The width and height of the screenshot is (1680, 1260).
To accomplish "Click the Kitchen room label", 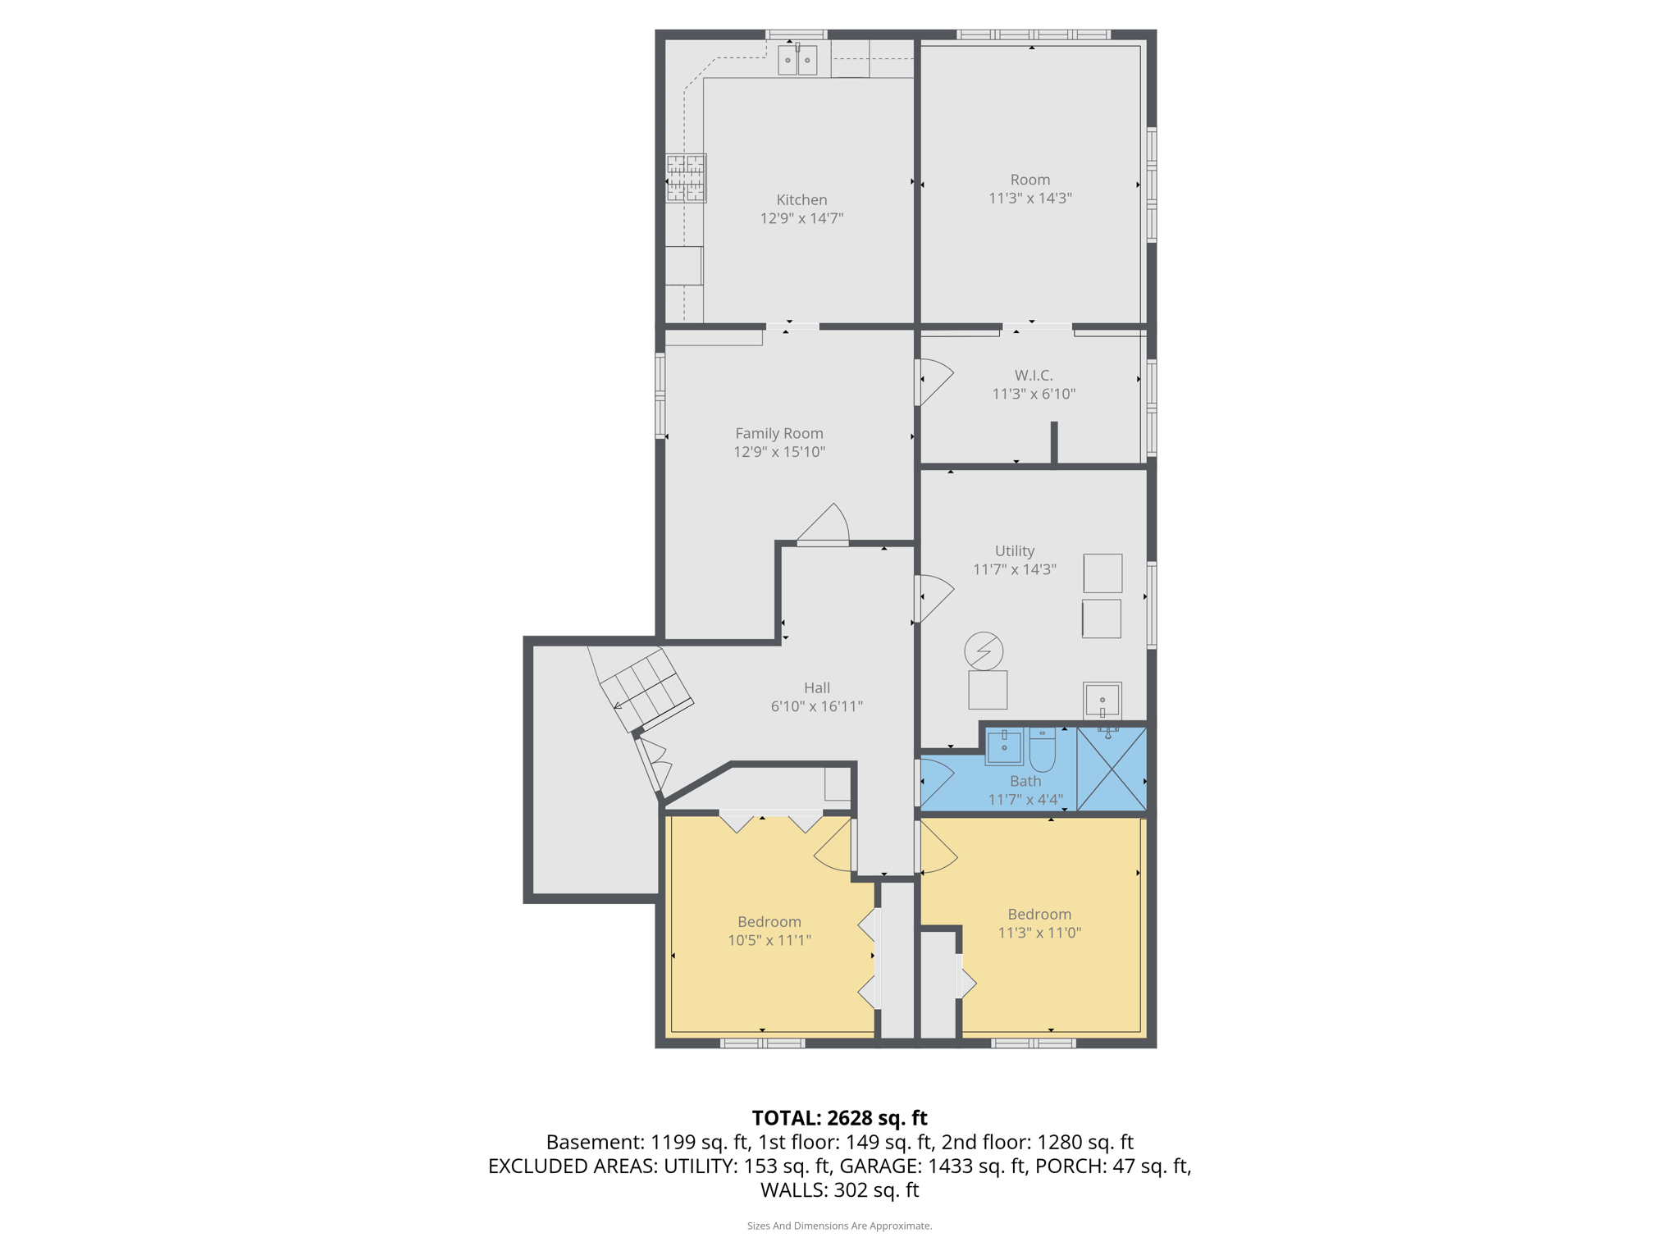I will tap(801, 200).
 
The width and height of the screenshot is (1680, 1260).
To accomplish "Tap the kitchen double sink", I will tap(797, 61).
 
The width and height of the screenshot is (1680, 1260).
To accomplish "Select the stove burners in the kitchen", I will tap(686, 178).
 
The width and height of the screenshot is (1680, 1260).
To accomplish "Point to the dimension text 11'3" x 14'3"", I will tap(1029, 199).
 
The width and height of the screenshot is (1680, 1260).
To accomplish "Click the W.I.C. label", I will tap(1034, 376).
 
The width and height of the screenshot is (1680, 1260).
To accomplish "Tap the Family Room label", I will tap(778, 434).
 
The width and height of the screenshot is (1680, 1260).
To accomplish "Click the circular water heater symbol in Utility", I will tap(984, 651).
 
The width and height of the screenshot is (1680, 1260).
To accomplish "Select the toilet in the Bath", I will tap(1042, 749).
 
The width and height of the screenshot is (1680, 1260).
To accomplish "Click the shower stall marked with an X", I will tap(1112, 769).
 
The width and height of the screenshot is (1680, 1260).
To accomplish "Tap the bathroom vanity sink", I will tap(1004, 746).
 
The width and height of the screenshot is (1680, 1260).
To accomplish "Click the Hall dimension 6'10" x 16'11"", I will tap(816, 706).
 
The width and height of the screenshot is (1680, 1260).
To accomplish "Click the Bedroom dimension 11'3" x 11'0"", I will tap(1039, 933).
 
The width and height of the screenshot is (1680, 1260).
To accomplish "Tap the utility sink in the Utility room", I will tap(1102, 701).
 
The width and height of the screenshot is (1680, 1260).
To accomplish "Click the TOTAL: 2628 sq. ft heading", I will tap(839, 1118).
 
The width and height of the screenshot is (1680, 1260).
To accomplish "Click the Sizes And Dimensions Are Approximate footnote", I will tap(839, 1226).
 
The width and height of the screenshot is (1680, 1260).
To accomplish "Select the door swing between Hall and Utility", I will tap(935, 597).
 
